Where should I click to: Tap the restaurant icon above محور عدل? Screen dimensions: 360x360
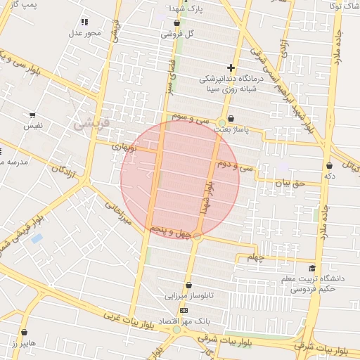tap(85, 22)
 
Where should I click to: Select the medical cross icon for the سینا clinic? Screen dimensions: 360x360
tap(231, 67)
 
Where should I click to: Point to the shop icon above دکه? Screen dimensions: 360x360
tap(329, 165)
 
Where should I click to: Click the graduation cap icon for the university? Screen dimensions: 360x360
tap(311, 268)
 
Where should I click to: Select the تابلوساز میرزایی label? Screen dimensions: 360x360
tap(184, 297)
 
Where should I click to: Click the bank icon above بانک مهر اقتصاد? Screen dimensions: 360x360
tap(184, 310)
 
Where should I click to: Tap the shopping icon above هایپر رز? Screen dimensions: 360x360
tap(24, 332)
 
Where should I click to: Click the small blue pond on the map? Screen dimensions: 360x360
tap(37, 239)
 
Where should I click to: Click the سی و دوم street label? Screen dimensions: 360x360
tap(235, 167)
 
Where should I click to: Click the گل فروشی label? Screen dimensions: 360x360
tap(178, 33)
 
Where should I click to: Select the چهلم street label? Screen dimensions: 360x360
tap(257, 258)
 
